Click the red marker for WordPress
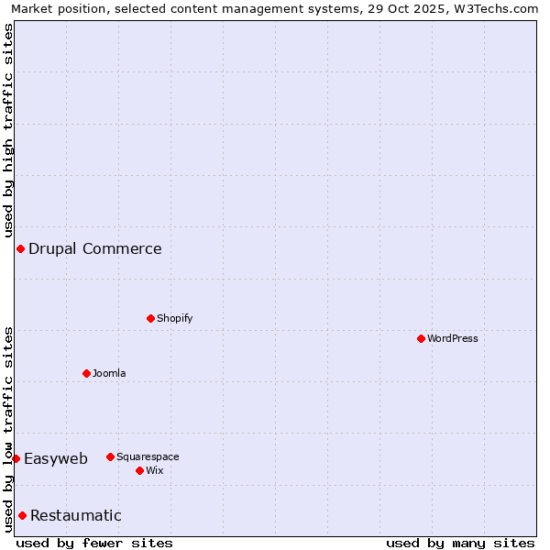tap(421, 338)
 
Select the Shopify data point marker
tap(150, 318)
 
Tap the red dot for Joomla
tap(86, 373)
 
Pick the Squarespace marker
tap(110, 456)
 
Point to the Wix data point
tap(139, 470)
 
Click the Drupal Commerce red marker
tap(20, 248)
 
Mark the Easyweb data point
tap(16, 458)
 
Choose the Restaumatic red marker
tap(22, 515)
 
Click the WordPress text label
tap(453, 338)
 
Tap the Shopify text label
tap(175, 318)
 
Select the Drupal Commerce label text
tap(95, 248)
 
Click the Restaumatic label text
tap(76, 515)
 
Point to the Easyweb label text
tap(56, 458)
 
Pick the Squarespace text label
tap(148, 456)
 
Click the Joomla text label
tap(109, 373)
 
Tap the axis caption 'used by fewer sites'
tap(94, 543)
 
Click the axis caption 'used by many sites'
tap(460, 543)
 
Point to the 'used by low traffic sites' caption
tap(8, 428)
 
